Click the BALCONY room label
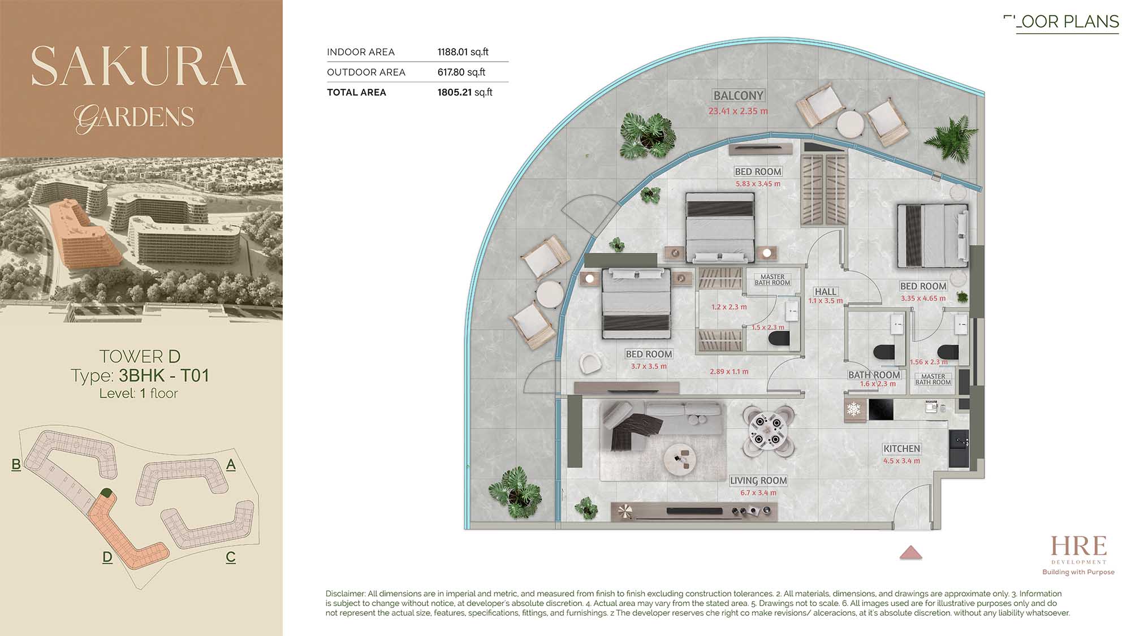pos(739,96)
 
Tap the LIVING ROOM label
pos(758,481)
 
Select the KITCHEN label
pos(901,449)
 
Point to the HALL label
pos(825,292)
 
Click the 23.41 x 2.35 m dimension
pos(738,111)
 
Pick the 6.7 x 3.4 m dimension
pos(758,493)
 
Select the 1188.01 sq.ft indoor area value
pos(463,52)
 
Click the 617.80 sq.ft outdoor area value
pos(461,72)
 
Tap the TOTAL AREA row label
pos(356,92)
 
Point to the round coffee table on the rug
pos(681,458)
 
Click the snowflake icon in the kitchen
pos(853,409)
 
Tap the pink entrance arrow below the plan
pos(910,552)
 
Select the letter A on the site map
pos(231,465)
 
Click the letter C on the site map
pos(231,557)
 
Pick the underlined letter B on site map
pos(16,465)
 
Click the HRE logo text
pos(1078,546)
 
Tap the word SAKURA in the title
pos(139,66)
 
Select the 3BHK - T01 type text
pos(164,375)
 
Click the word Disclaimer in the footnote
pos(345,594)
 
